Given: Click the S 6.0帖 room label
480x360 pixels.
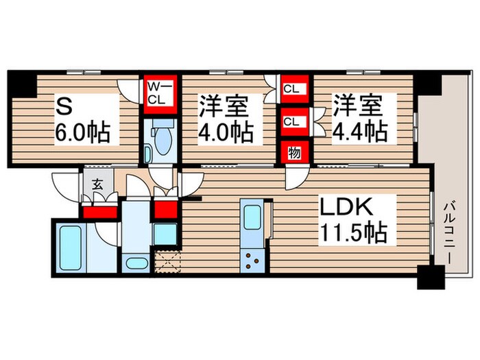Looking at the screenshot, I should click(x=83, y=119).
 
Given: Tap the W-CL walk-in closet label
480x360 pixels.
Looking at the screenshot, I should click(x=160, y=91).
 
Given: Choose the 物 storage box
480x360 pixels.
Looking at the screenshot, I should click(x=293, y=153).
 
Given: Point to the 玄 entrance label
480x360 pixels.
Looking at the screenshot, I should click(x=97, y=185).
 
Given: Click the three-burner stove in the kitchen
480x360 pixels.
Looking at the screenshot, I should click(x=252, y=261).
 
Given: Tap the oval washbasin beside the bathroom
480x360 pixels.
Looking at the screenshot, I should click(x=136, y=262).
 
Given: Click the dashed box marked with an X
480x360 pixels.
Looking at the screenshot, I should click(x=167, y=261).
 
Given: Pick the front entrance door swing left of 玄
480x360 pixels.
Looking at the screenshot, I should click(x=66, y=185).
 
